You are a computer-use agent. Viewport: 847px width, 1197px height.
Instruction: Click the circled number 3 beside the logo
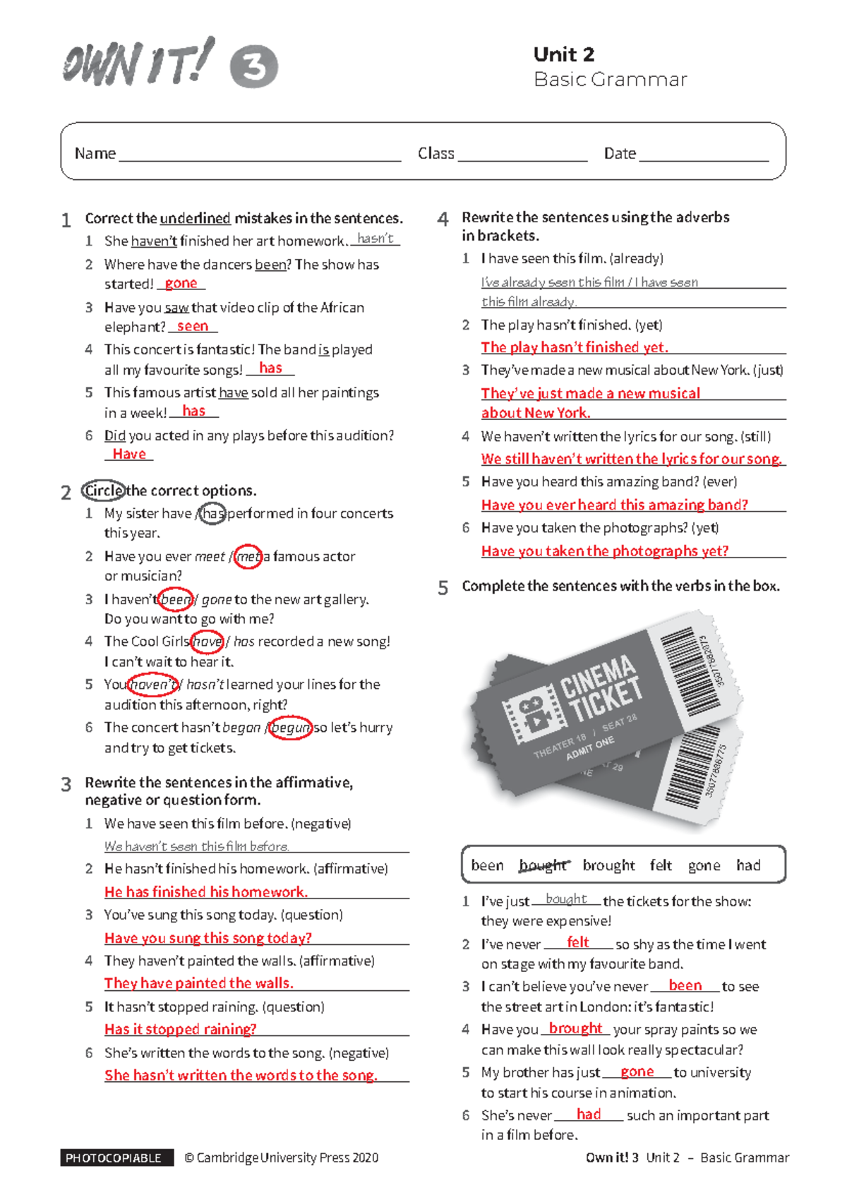click(254, 67)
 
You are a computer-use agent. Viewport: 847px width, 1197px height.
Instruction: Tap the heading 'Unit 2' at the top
click(563, 54)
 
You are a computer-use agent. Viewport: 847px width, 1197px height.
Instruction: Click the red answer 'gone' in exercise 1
click(181, 283)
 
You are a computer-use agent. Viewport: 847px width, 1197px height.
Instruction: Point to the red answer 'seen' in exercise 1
click(192, 326)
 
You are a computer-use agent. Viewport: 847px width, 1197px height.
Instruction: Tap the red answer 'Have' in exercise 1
click(129, 454)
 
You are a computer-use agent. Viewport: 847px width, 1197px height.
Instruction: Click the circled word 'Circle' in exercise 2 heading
click(104, 491)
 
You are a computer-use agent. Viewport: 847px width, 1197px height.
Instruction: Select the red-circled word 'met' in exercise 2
click(248, 557)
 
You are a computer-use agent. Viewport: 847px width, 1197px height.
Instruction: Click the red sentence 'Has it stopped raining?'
click(181, 1029)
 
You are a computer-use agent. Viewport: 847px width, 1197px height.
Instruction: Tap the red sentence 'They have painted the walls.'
click(198, 983)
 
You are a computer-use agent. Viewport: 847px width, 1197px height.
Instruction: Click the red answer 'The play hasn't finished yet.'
click(574, 347)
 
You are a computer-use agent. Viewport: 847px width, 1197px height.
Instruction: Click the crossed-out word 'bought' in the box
click(542, 865)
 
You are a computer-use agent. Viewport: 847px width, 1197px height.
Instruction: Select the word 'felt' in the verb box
click(661, 865)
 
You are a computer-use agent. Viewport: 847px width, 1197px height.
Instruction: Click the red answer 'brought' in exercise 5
click(575, 1028)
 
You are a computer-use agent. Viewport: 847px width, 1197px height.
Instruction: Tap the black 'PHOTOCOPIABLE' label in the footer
click(114, 1157)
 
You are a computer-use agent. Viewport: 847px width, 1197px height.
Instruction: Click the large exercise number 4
click(443, 219)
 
